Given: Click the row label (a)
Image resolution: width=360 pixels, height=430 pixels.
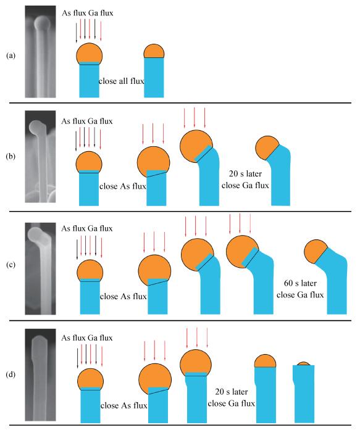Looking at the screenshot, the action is point(10,56).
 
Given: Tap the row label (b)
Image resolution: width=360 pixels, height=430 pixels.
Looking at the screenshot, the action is point(10,156).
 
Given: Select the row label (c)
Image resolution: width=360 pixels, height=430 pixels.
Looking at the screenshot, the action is point(10,265).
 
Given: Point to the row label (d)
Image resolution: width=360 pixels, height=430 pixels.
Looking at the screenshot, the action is point(10,374).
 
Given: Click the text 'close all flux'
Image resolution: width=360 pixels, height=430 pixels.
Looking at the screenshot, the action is point(121,81).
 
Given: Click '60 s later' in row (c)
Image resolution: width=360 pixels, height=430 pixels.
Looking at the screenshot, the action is point(300,283).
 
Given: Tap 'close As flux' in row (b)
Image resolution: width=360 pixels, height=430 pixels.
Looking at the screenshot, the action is point(123,186).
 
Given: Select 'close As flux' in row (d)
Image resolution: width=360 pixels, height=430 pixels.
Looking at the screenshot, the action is point(123,405).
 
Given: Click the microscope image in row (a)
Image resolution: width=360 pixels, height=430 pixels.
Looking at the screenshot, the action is point(40,52).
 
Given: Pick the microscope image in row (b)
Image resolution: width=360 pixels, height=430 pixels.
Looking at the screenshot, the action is point(40,157).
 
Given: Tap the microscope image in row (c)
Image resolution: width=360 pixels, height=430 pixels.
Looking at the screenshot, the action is point(40,268).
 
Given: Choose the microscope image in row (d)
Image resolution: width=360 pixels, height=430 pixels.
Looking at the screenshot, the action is point(40,375).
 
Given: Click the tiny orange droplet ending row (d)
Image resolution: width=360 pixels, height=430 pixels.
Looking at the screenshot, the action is point(304,363).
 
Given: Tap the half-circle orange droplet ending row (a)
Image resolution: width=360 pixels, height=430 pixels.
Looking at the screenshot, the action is point(154,51).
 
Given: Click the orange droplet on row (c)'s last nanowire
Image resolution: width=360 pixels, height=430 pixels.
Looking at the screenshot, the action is point(314,250).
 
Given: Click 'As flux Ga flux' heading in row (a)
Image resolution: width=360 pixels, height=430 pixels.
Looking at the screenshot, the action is point(87,13).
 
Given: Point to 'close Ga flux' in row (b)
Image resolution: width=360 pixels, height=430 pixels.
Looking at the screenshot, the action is point(245,185).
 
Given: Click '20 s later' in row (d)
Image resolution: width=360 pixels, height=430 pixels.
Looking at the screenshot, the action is point(232,392).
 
